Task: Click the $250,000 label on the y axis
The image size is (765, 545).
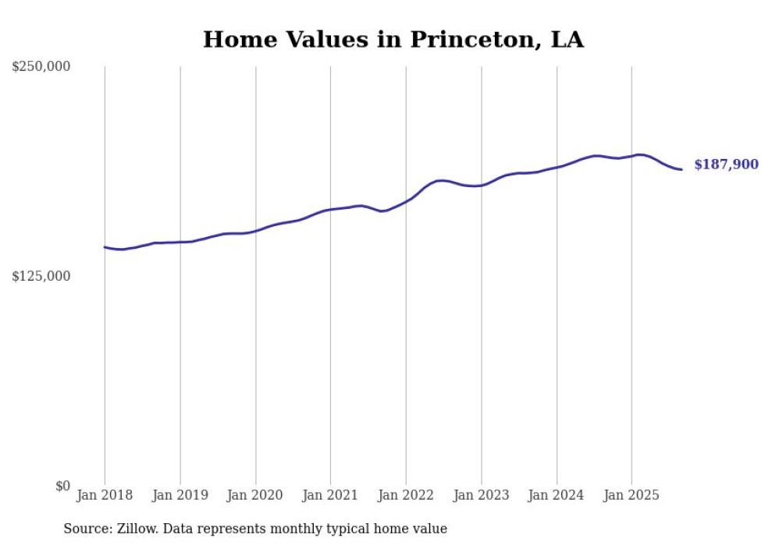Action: pos(41,67)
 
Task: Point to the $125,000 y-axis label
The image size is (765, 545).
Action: pos(41,276)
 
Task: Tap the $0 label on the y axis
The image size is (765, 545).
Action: pos(62,486)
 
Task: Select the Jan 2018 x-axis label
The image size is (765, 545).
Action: pos(105,495)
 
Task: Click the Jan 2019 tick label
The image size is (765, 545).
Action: pos(180,495)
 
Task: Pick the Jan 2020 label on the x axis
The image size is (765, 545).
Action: pos(255,495)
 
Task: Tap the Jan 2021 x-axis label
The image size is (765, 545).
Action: pos(330,495)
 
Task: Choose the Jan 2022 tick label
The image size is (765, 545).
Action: pos(406,495)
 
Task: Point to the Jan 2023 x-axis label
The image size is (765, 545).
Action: pos(481,495)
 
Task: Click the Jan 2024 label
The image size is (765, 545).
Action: pos(557,495)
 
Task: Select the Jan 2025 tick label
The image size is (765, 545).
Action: pos(632,495)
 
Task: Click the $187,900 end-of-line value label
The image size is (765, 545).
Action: pos(726,165)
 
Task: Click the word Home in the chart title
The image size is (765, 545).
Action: pos(232,40)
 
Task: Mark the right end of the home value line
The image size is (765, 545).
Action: pos(681,169)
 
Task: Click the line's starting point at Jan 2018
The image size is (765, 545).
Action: pos(105,247)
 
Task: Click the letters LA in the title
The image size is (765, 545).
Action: pos(566,40)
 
